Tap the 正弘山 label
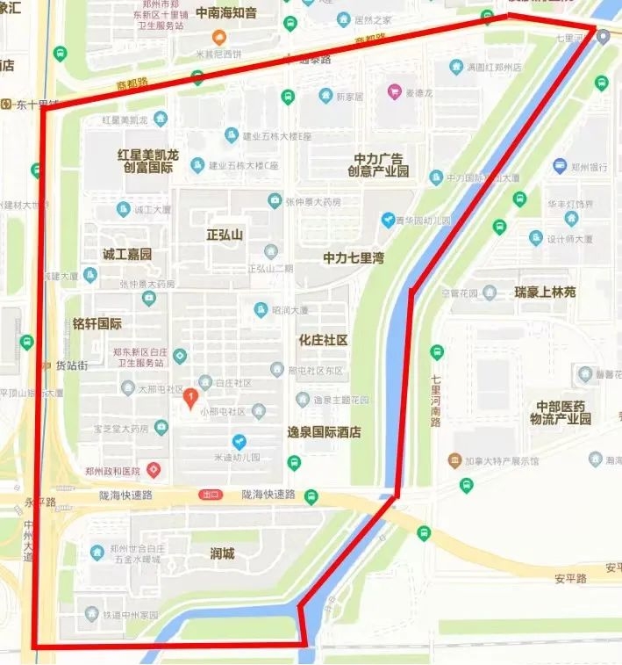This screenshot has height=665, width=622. click(x=225, y=235)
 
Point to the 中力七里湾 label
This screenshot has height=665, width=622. click(x=354, y=258)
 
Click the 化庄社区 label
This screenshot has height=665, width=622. click(x=323, y=340)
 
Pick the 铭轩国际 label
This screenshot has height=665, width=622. click(x=97, y=324)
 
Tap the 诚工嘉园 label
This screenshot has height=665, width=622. click(x=127, y=255)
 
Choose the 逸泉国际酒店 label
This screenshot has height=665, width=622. click(x=325, y=432)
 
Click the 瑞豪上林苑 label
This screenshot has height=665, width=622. click(x=546, y=292)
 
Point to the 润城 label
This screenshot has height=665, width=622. click(x=222, y=553)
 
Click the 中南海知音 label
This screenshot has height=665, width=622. click(x=226, y=13)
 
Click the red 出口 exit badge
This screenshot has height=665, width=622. click(x=209, y=495)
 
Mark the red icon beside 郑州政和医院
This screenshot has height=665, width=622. click(x=154, y=471)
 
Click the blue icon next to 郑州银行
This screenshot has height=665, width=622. click(x=560, y=166)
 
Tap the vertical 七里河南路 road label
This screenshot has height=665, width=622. click(x=435, y=401)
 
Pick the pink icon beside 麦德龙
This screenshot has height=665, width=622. click(x=395, y=91)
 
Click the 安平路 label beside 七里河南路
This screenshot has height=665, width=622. click(x=570, y=580)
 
